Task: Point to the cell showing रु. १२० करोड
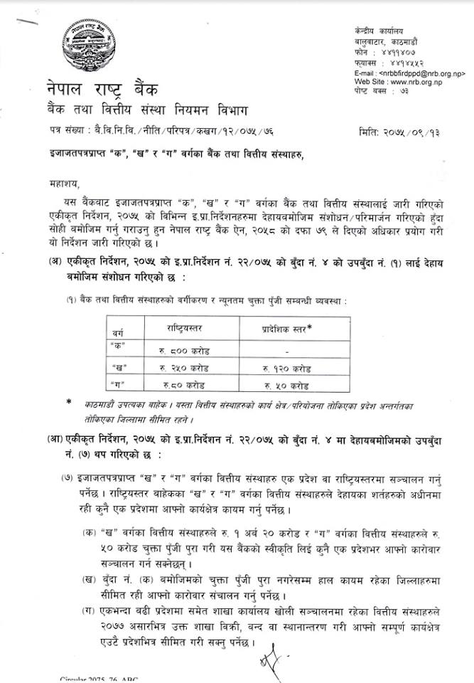tap(286, 369)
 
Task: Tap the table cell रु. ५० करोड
tap(286, 386)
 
